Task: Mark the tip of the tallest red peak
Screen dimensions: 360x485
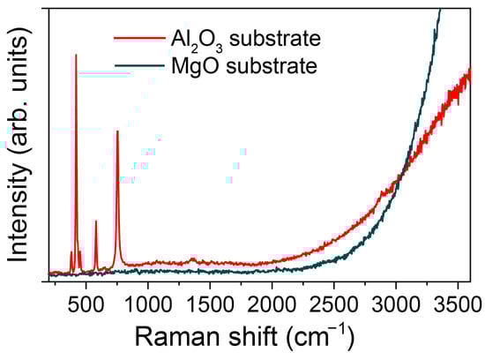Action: [76, 55]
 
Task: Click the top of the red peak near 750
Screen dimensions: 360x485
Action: [117, 131]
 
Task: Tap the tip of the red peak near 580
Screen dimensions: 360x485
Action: [95, 221]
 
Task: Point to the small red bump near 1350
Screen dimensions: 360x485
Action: [193, 259]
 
